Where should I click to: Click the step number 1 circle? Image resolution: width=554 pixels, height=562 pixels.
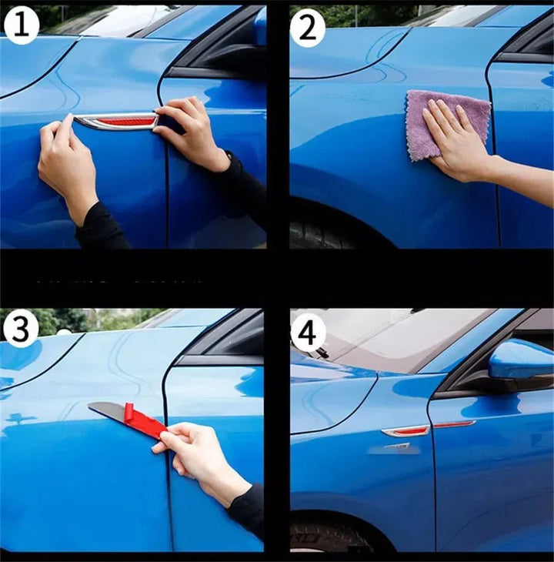click(x=21, y=26)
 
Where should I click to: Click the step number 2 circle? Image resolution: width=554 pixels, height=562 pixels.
click(x=307, y=28)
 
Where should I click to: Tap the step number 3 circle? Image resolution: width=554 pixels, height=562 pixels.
click(x=21, y=330)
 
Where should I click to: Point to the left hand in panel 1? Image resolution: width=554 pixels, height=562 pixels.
click(x=66, y=162)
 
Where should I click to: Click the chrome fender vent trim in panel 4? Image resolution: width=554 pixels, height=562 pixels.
click(x=405, y=432)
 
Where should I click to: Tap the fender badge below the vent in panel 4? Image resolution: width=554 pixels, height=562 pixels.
click(x=398, y=447)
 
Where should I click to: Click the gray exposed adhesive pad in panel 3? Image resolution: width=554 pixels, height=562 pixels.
click(x=108, y=410)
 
